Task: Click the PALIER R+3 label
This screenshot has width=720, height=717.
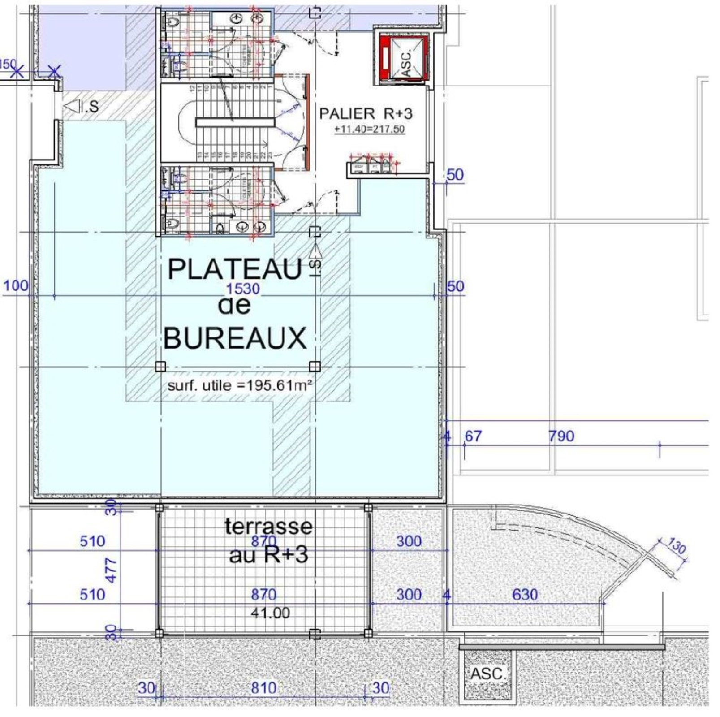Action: (365, 113)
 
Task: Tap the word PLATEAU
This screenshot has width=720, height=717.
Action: (235, 269)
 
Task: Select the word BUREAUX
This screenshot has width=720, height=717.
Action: (235, 338)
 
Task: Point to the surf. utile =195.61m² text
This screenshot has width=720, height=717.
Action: (239, 385)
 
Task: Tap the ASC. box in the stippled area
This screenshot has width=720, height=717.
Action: (487, 674)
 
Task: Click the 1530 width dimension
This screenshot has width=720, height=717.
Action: (243, 289)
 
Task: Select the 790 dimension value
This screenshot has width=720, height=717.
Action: (561, 436)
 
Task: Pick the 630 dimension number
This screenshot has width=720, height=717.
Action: (525, 594)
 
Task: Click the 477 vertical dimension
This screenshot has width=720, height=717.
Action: (111, 570)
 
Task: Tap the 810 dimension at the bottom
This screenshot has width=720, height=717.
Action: (263, 688)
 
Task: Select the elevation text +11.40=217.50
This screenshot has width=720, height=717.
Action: (370, 130)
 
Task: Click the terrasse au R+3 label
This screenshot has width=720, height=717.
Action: (268, 540)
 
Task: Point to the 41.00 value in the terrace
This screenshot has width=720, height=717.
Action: (270, 613)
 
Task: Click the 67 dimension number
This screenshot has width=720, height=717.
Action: (473, 436)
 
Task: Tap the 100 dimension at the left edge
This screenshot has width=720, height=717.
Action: (16, 285)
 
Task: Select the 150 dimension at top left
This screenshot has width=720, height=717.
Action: (8, 64)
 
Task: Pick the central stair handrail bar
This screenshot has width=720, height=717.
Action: (235, 122)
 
